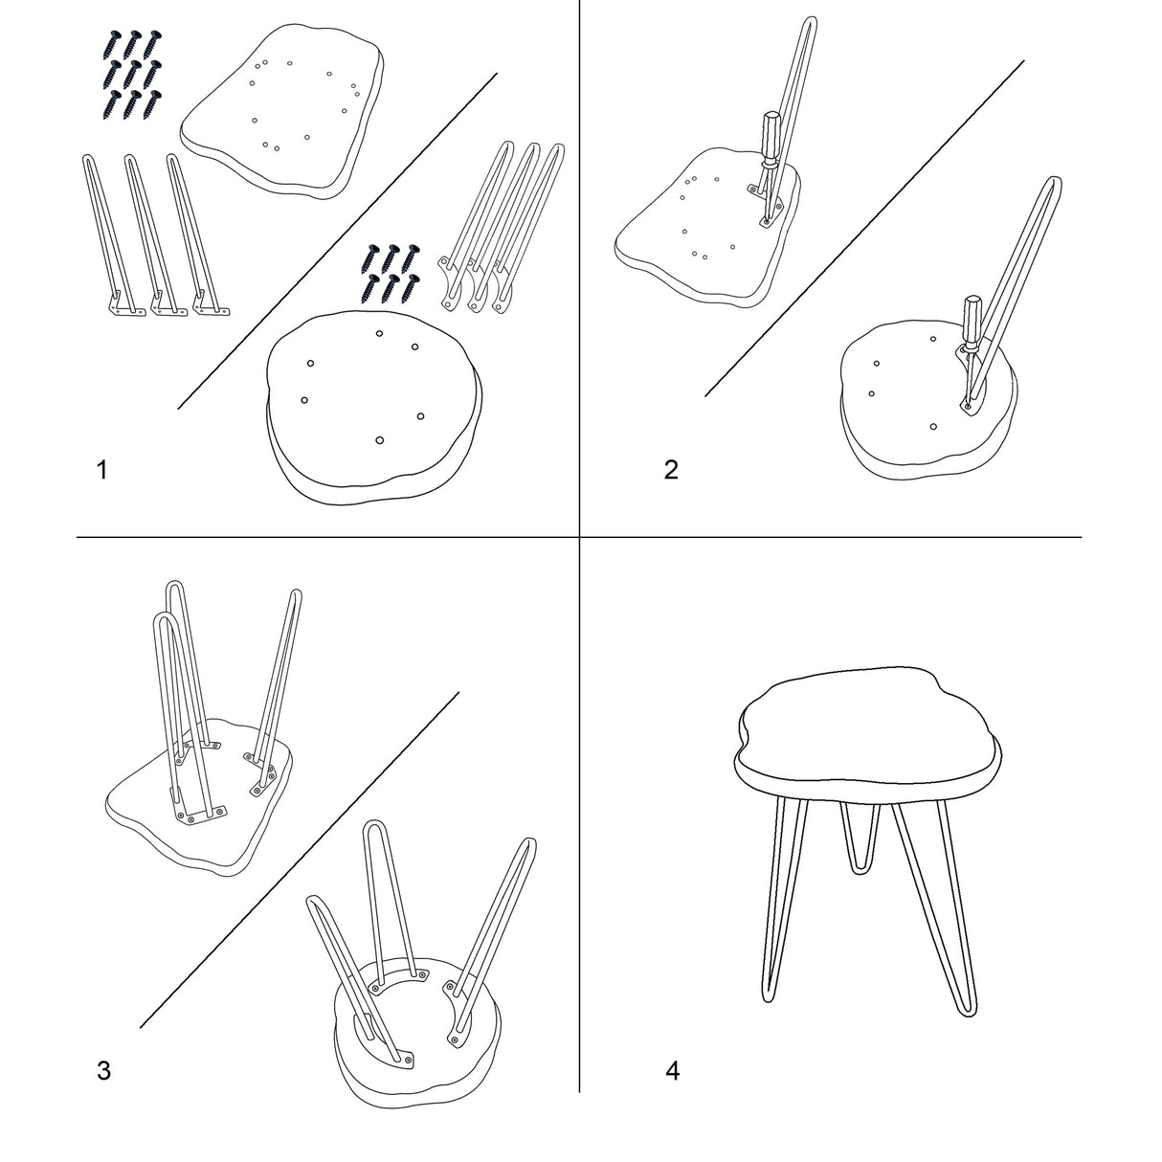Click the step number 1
[102, 469]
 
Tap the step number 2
[671, 469]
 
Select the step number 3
[103, 1070]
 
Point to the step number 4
[672, 1070]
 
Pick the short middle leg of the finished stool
[861, 844]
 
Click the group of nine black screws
[133, 74]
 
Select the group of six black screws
[391, 273]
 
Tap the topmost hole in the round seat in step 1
[379, 333]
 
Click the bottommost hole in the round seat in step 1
[379, 440]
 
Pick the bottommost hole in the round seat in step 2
[933, 426]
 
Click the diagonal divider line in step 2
[864, 228]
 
